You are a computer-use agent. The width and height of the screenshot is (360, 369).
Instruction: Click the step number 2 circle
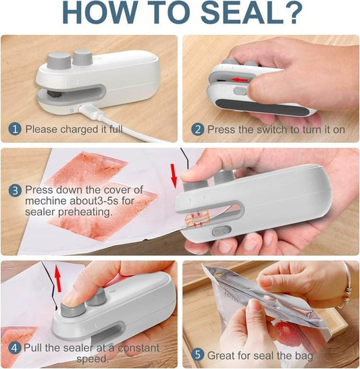pos(197,128)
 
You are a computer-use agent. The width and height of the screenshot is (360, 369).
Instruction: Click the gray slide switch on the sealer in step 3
pos(217,230)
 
